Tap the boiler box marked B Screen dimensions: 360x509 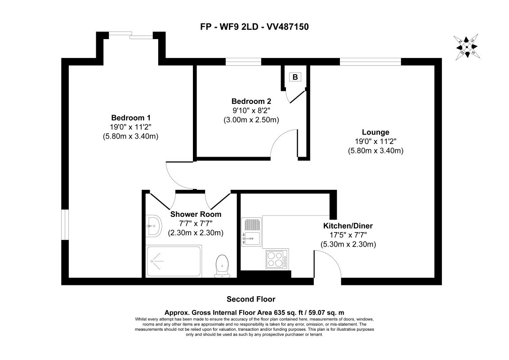(x=295, y=77)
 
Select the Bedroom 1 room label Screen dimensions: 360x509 (x=130, y=118)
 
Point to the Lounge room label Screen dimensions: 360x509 (x=375, y=132)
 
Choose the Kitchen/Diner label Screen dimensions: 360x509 (x=348, y=225)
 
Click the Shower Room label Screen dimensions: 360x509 (x=196, y=214)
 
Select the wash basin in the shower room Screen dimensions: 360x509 (x=154, y=225)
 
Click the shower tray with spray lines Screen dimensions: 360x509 (x=173, y=261)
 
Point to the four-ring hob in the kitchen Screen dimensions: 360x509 (x=277, y=259)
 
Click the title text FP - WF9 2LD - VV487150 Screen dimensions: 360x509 (x=254, y=27)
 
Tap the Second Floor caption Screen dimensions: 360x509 (x=251, y=299)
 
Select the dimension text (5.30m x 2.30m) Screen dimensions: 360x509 (x=348, y=244)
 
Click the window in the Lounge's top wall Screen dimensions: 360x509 (x=370, y=62)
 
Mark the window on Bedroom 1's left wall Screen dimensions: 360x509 (x=65, y=224)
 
